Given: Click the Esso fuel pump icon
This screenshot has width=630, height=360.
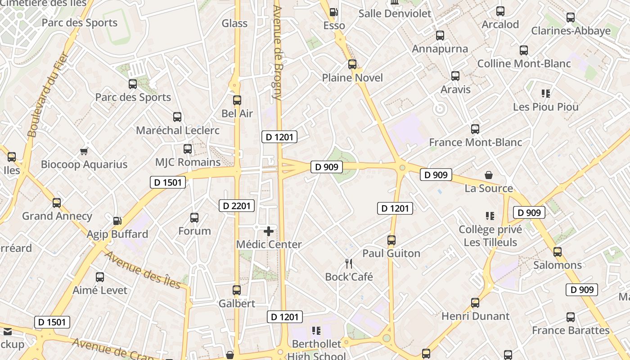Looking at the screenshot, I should click(x=333, y=12).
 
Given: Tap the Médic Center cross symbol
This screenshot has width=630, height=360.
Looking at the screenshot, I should click(x=269, y=231).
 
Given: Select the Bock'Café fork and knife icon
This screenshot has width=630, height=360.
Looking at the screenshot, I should click(x=349, y=264).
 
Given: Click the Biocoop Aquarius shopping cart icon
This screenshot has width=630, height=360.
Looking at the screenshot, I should click(x=84, y=151).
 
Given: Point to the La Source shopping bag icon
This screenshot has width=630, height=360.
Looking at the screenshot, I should click(x=489, y=175).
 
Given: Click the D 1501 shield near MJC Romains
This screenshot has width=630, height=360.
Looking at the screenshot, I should click(x=168, y=182).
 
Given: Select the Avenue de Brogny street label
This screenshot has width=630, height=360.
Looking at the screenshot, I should click(x=277, y=52).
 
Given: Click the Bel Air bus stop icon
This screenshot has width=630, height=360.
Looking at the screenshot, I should click(x=237, y=100).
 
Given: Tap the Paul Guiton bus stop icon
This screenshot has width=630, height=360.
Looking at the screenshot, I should click(x=391, y=240).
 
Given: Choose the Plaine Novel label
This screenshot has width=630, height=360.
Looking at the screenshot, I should click(x=352, y=78).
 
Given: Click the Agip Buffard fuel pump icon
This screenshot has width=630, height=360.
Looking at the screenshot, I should click(x=117, y=221).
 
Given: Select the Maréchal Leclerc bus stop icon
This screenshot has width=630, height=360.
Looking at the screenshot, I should click(x=177, y=117).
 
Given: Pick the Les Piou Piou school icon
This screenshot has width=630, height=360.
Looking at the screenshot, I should click(x=546, y=94).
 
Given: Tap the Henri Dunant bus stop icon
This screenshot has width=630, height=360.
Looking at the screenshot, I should click(x=475, y=303).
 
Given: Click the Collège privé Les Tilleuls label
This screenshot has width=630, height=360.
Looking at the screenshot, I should click(x=490, y=236).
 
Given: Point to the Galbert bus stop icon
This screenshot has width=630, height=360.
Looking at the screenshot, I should click(x=237, y=290).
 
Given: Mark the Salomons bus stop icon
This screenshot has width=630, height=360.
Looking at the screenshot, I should click(x=558, y=252).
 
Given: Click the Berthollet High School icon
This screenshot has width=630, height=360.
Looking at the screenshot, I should click(x=316, y=331).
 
